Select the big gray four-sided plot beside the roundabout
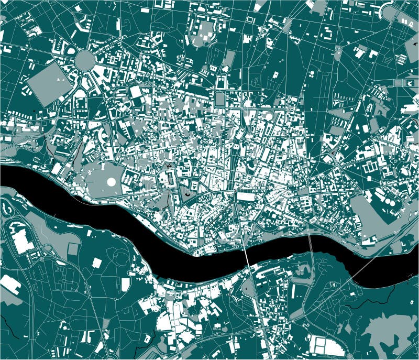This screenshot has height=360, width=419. click(49, 81)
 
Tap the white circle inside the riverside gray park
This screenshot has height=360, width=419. click(111, 182)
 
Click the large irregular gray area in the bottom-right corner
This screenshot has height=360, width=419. click(388, 330)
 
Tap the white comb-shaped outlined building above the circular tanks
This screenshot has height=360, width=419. click(371, 167)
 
